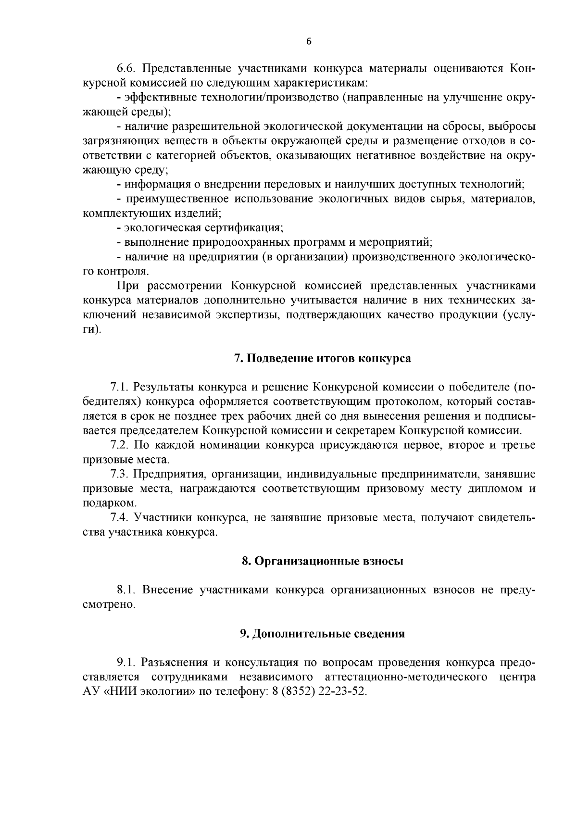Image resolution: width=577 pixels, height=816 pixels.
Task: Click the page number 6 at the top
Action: point(309,42)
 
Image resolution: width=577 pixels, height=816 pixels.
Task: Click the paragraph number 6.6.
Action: point(127,69)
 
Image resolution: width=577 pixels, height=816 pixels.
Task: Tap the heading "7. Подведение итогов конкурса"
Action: point(322,359)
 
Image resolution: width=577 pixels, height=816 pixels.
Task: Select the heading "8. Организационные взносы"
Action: point(322,561)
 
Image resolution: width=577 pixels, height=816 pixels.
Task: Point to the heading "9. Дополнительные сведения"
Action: point(322,634)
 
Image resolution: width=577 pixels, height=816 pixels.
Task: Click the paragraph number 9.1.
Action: point(126,663)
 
